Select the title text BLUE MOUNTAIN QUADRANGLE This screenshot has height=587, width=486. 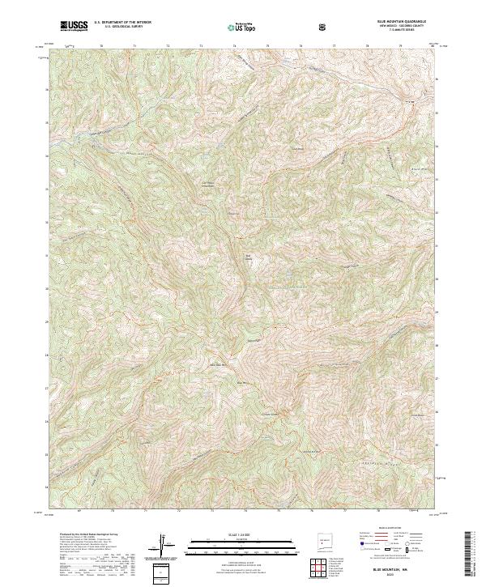[400, 20]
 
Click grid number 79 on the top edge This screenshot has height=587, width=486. [400, 47]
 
